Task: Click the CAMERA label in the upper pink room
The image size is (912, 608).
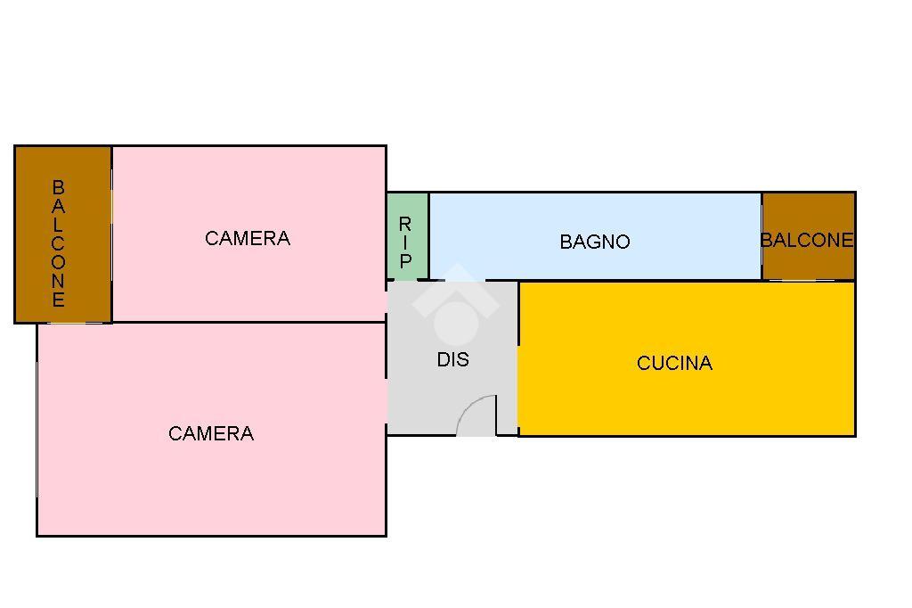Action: click(x=248, y=238)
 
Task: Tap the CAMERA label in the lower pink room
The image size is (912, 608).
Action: click(x=211, y=433)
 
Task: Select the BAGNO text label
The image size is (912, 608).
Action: click(x=595, y=242)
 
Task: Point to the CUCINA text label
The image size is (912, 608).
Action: click(x=674, y=363)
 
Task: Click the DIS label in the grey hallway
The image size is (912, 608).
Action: click(x=452, y=360)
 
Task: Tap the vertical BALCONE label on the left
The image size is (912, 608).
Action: click(x=58, y=242)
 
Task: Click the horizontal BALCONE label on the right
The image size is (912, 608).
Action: click(x=807, y=240)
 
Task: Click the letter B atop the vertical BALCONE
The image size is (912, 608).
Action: click(x=58, y=187)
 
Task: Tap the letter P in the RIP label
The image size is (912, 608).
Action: click(x=405, y=262)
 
